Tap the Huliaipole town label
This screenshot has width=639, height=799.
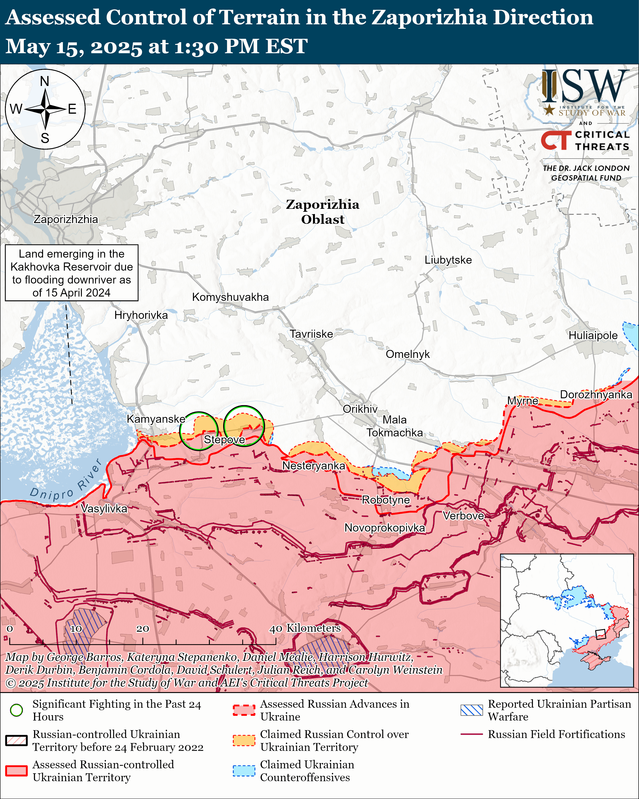coord(593,335)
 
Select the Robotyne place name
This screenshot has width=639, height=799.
coord(386,500)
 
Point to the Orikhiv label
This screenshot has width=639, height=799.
coord(360,409)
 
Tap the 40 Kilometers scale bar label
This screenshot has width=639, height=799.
coord(305,628)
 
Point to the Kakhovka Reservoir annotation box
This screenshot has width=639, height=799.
coord(71,273)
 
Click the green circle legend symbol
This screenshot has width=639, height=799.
coord(16,710)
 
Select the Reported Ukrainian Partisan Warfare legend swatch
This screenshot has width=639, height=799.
coord(472,710)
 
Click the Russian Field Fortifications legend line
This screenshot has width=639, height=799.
coord(472,734)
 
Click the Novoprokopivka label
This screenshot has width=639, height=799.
coord(385,528)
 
